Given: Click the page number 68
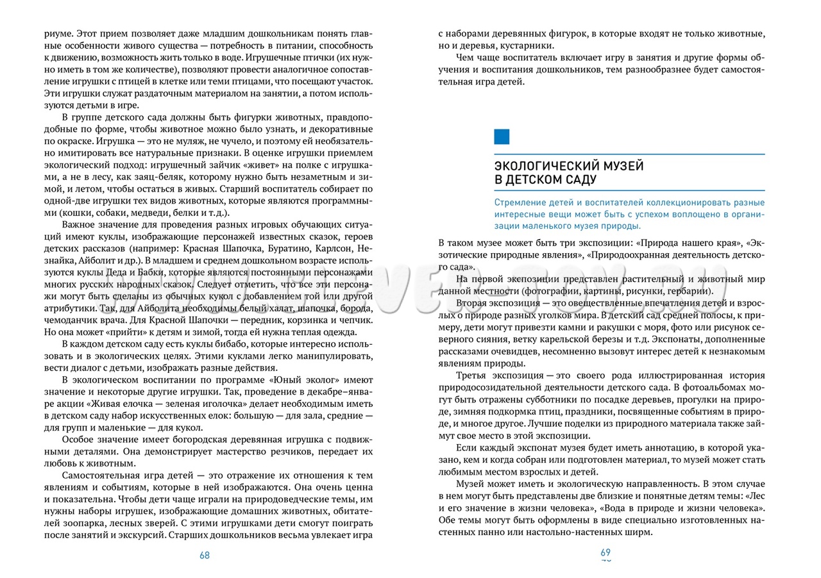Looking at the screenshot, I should point(205,556).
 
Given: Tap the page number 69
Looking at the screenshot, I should point(605,552).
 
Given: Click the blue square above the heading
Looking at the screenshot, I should point(502,136).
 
